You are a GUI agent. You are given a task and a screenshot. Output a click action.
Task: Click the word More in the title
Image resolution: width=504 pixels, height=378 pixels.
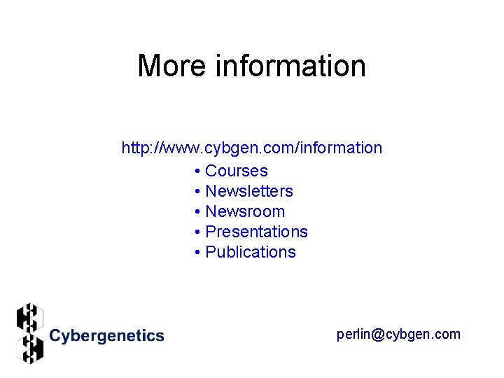pyautogui.click(x=173, y=66)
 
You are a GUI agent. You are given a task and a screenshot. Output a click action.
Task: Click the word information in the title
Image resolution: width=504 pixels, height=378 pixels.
pyautogui.click(x=290, y=66)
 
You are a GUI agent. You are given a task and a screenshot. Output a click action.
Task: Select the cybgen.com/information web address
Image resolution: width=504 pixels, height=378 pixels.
pyautogui.click(x=251, y=148)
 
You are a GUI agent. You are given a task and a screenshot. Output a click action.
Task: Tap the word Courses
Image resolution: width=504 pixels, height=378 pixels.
pyautogui.click(x=237, y=171)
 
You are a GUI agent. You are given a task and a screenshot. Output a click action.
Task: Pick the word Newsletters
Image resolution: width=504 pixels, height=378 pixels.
pyautogui.click(x=249, y=191)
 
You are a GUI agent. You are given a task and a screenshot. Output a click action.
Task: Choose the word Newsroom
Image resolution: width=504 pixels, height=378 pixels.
pyautogui.click(x=245, y=211)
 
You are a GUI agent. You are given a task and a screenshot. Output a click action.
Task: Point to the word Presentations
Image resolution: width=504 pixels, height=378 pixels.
pyautogui.click(x=256, y=232)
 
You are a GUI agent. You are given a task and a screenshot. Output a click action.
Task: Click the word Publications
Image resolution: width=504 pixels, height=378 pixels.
pyautogui.click(x=251, y=252)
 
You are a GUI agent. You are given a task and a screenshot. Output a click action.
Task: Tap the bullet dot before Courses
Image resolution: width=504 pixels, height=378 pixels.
pyautogui.click(x=199, y=171)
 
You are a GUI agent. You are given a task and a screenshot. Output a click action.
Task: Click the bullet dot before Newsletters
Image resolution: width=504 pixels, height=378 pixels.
pyautogui.click(x=199, y=192)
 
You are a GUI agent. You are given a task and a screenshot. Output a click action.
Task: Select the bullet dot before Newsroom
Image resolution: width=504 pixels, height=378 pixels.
pyautogui.click(x=199, y=212)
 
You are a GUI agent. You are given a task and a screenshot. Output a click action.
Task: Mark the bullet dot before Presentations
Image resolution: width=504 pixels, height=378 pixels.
pyautogui.click(x=199, y=232)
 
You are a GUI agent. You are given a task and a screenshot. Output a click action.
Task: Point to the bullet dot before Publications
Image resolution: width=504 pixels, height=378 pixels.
pyautogui.click(x=199, y=253)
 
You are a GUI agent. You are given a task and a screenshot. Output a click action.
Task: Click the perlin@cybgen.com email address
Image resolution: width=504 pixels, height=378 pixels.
pyautogui.click(x=398, y=334)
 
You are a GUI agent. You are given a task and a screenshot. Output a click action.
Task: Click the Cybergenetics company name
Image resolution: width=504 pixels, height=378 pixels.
pyautogui.click(x=106, y=336)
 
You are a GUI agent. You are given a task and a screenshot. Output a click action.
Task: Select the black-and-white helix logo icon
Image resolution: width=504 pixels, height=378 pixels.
pyautogui.click(x=30, y=333)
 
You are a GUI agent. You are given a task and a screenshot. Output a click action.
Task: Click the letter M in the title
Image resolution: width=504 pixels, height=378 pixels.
pyautogui.click(x=150, y=66)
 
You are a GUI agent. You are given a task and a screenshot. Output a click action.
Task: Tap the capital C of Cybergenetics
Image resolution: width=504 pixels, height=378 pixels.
pyautogui.click(x=55, y=336)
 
